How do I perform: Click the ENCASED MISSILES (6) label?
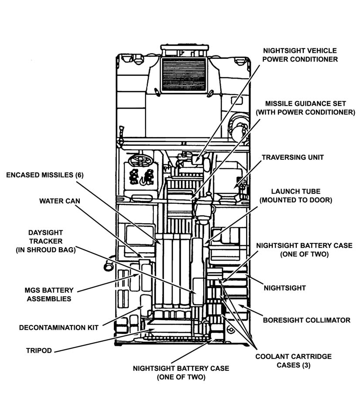(x=44, y=175)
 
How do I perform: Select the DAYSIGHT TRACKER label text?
(x=45, y=241)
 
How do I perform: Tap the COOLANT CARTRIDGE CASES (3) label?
(x=293, y=361)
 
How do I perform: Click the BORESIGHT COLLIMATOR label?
(x=306, y=320)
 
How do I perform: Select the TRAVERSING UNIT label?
(x=292, y=157)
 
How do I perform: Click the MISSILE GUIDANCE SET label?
(x=306, y=108)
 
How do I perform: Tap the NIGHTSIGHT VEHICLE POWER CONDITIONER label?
(x=300, y=54)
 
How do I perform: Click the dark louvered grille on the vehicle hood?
(x=183, y=74)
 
